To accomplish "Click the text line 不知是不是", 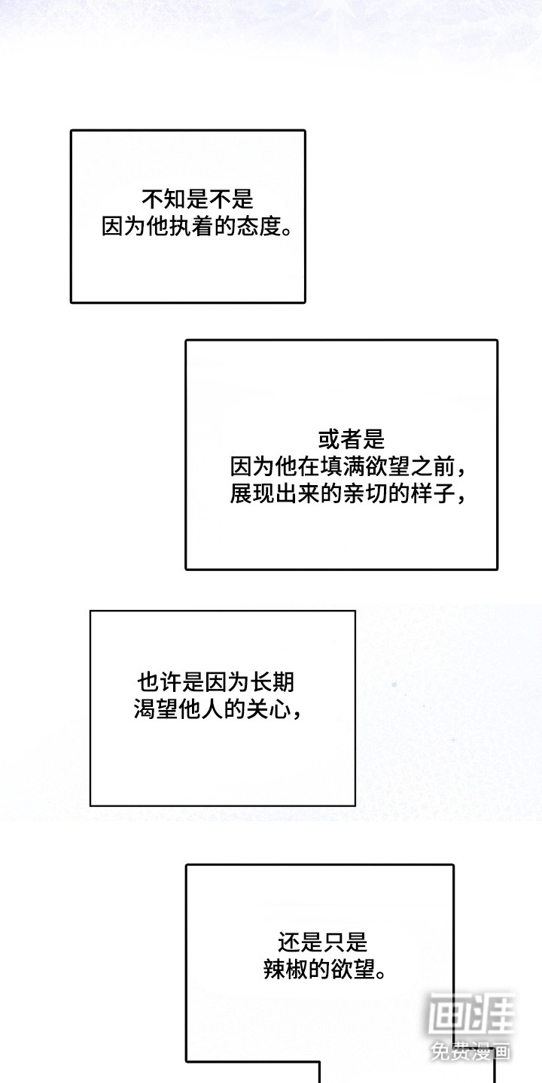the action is pyautogui.click(x=197, y=199).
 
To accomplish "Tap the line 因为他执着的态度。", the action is pyautogui.click(x=197, y=226).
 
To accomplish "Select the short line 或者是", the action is pyautogui.click(x=352, y=439).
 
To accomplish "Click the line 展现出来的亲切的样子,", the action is pyautogui.click(x=348, y=494).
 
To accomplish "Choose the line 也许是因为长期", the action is pyautogui.click(x=216, y=683).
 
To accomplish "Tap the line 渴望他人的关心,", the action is pyautogui.click(x=218, y=710).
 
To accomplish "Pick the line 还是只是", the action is pyautogui.click(x=323, y=942).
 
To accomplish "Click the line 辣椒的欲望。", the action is pyautogui.click(x=325, y=969).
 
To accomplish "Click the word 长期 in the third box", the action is pyautogui.click(x=273, y=683).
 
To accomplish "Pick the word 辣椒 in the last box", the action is pyautogui.click(x=285, y=969).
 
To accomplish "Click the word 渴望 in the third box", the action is pyautogui.click(x=156, y=710).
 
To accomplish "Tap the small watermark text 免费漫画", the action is pyautogui.click(x=470, y=1050).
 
